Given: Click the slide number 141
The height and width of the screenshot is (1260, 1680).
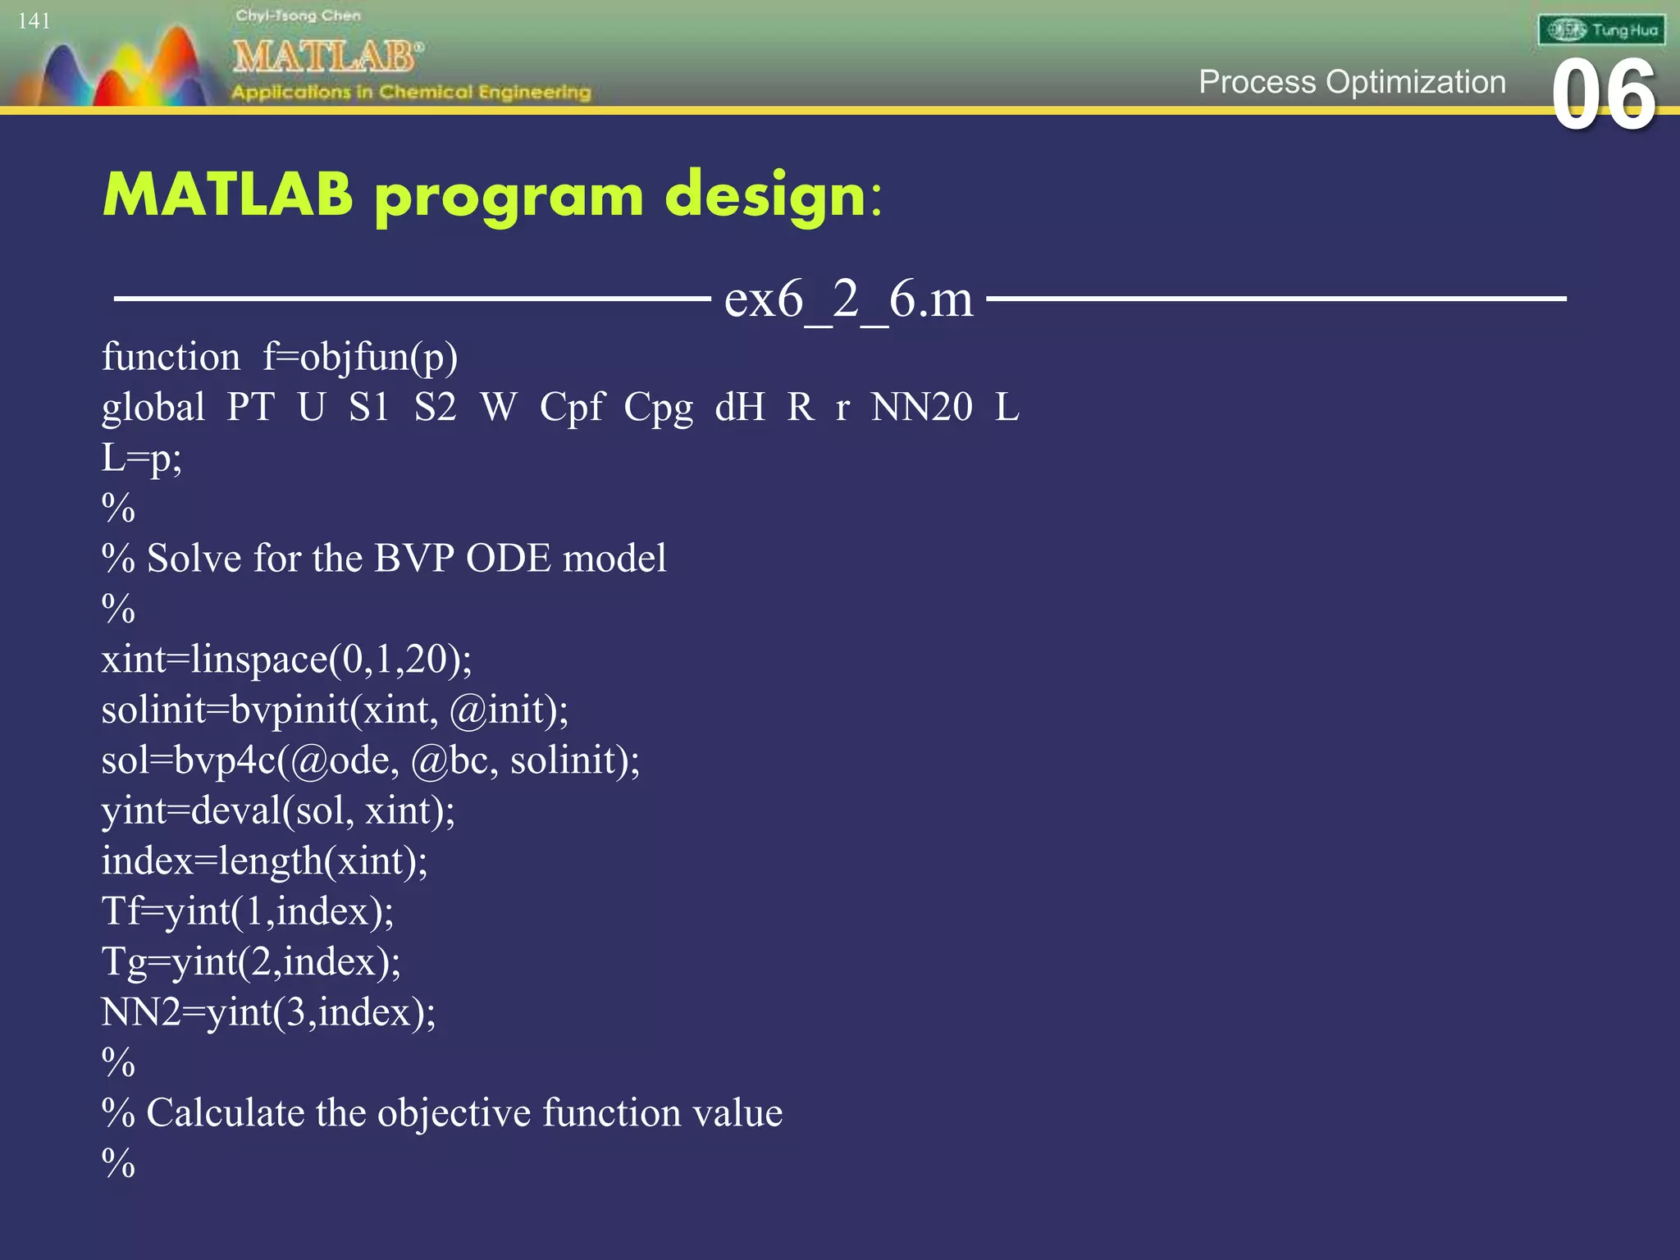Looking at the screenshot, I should click(x=34, y=21).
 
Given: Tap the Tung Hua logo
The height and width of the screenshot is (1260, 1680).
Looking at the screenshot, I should click(x=1601, y=30).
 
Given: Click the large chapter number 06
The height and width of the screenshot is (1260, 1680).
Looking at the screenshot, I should click(x=1604, y=96).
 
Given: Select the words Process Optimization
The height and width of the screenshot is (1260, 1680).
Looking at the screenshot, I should click(x=1352, y=82).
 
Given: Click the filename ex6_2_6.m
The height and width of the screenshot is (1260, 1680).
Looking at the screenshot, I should click(x=848, y=299).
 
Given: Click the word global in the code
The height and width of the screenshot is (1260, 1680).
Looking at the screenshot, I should click(x=153, y=407).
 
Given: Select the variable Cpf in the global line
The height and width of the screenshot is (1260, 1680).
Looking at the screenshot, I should click(x=572, y=407).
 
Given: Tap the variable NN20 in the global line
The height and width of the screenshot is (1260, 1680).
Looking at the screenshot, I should click(x=922, y=407).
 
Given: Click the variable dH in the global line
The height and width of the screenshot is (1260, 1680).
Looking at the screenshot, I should click(x=739, y=407).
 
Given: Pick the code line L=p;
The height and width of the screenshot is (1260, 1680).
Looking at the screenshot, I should click(x=141, y=458).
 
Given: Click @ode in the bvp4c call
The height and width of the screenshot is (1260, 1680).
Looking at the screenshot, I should click(x=337, y=760).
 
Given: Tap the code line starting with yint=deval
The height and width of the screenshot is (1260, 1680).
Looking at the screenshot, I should click(x=278, y=810).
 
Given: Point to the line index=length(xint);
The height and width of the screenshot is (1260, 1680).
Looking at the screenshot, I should click(x=264, y=861).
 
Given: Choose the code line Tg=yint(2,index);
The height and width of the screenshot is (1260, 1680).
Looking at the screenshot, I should click(x=251, y=961).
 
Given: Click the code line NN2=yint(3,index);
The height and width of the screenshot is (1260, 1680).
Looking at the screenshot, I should click(x=268, y=1012).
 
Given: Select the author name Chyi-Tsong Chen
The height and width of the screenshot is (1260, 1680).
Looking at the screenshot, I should click(x=298, y=16).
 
